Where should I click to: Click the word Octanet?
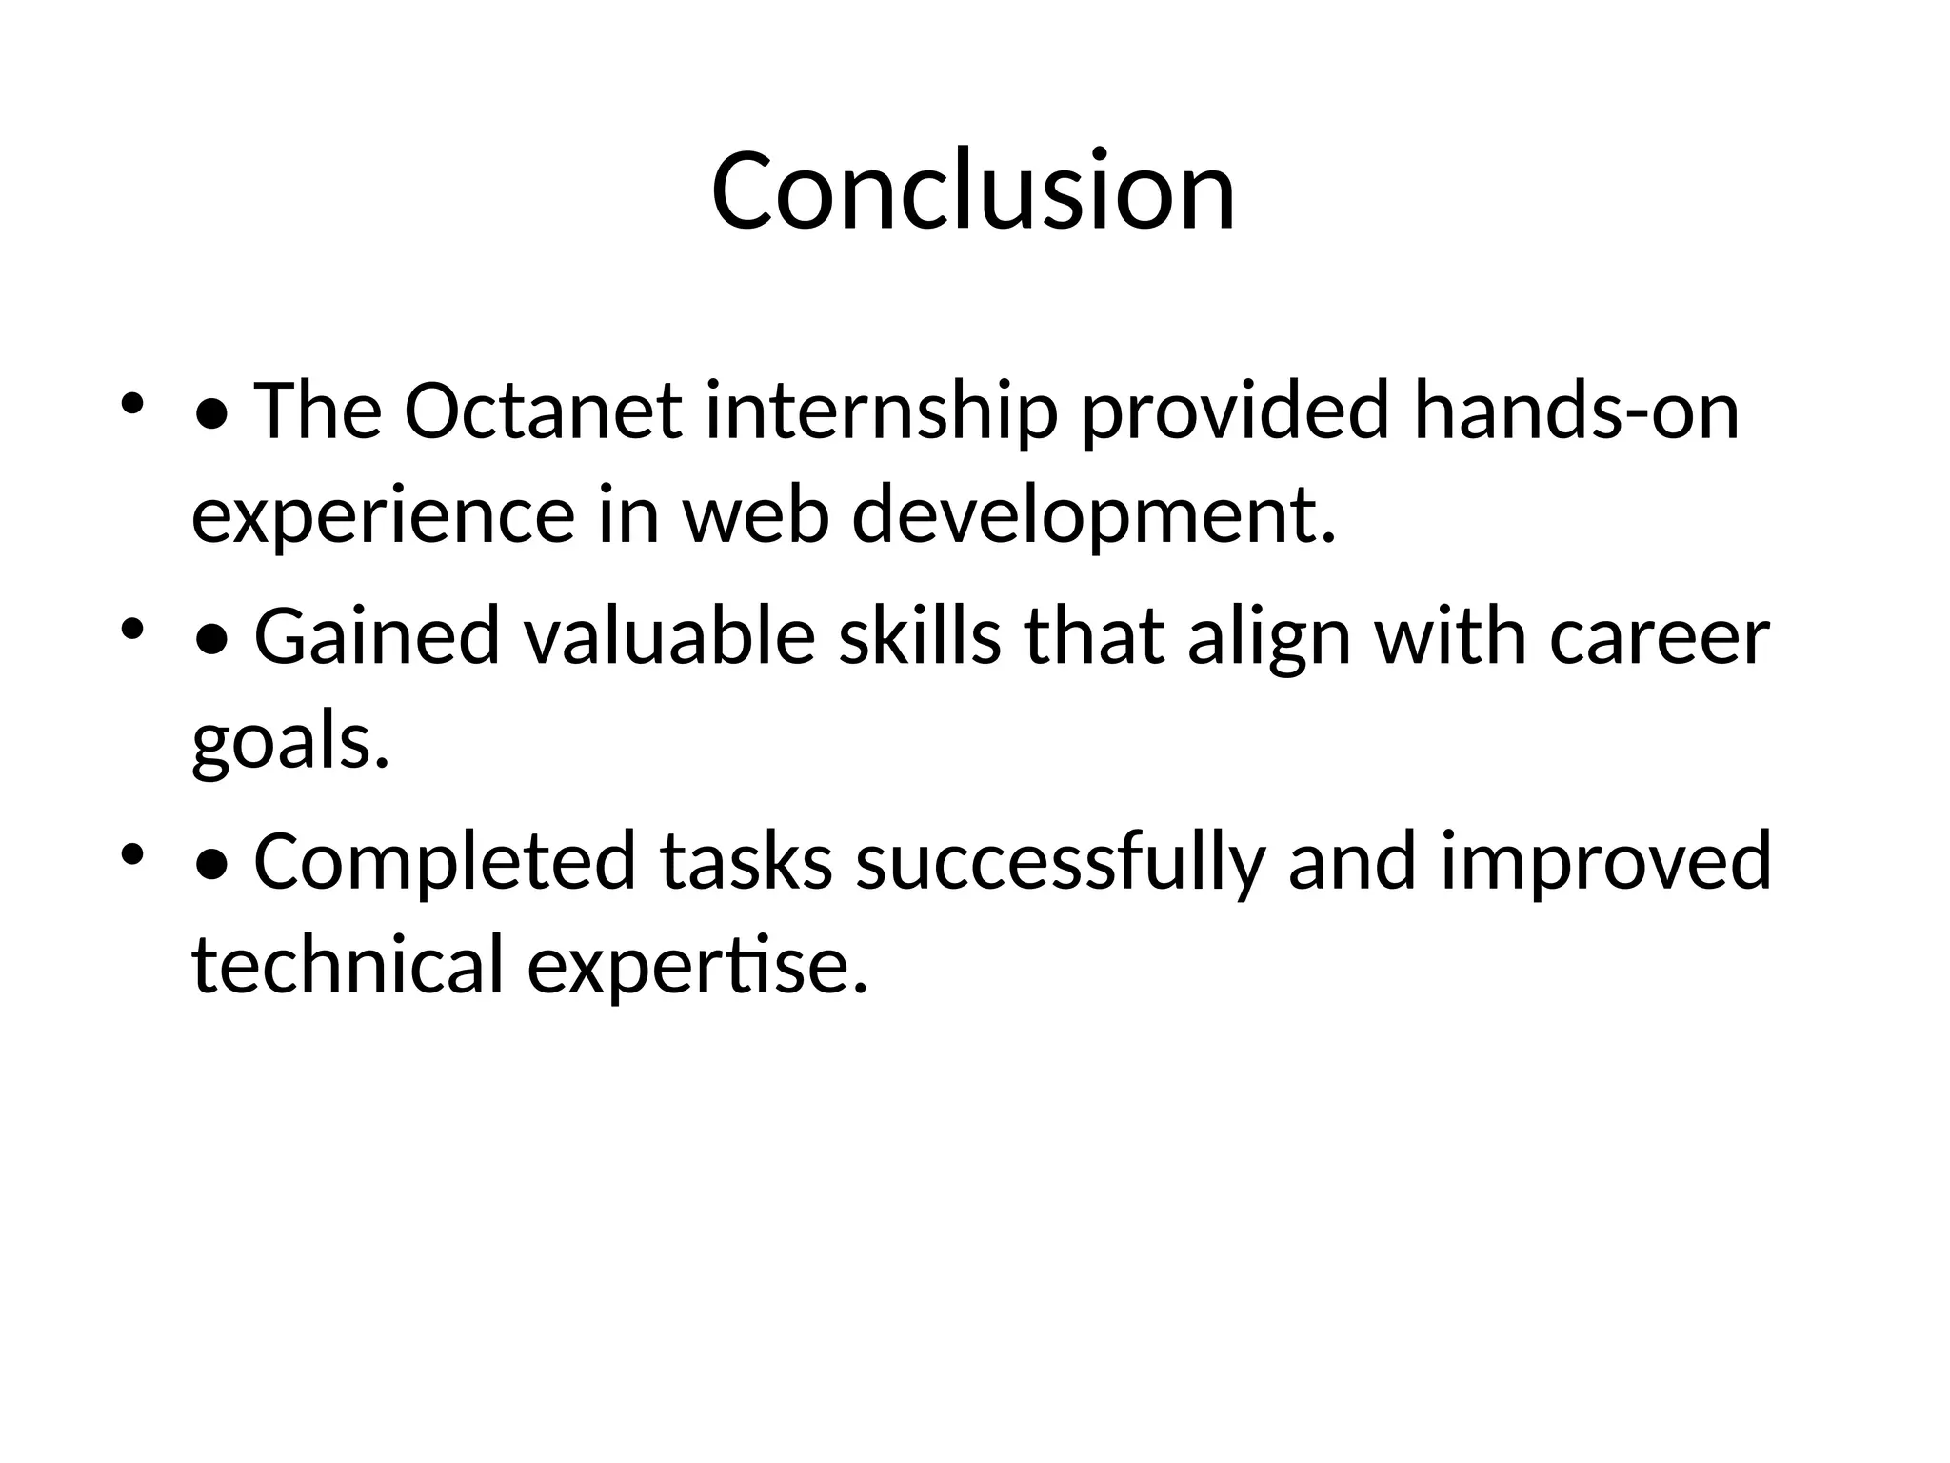point(544,411)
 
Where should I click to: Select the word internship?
point(881,411)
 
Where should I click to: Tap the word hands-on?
point(1576,411)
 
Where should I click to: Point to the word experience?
point(383,515)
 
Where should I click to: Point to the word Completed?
point(445,861)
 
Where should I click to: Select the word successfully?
point(1061,861)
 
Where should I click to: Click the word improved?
point(1605,861)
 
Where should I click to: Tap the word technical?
point(348,965)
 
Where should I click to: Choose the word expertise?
point(697,965)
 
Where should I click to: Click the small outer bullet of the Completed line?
point(131,852)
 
